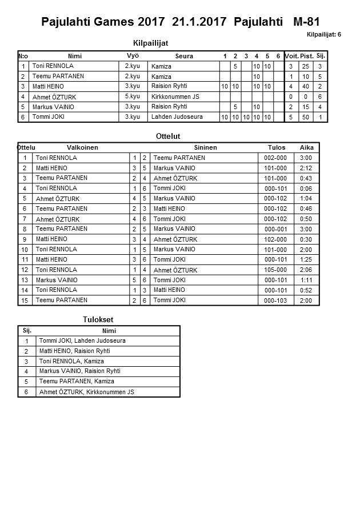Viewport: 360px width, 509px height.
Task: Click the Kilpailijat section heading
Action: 150,43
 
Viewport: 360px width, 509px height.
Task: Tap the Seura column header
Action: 184,56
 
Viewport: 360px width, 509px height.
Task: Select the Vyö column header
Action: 133,55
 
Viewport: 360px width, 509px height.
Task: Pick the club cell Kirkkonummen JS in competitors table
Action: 175,97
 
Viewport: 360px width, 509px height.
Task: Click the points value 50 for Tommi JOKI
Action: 306,117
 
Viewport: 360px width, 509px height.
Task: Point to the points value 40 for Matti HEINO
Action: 306,86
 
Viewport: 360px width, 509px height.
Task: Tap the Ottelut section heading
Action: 168,137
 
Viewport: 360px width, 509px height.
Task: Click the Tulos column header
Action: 277,147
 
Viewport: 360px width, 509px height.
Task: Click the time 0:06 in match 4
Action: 306,189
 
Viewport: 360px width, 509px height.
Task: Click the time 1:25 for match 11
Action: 306,260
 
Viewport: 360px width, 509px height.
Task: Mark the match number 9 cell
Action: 25,239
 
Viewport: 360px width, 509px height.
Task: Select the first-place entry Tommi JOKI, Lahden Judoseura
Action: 82,341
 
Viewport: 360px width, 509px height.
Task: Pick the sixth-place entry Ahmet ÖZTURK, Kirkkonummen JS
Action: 86,392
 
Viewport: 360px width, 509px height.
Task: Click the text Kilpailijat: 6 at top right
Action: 323,34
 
